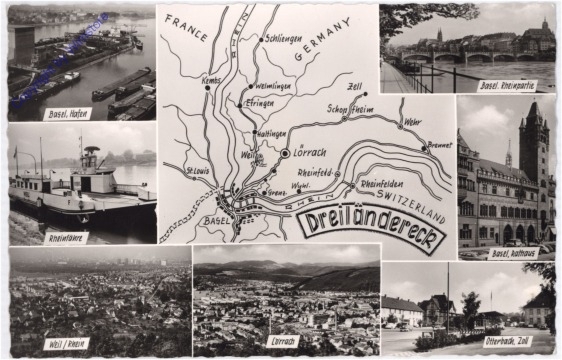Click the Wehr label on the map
(x=412, y=122)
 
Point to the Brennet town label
(x=439, y=144)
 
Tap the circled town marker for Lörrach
(x=285, y=154)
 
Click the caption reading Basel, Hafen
(x=67, y=113)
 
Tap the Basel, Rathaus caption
(x=514, y=253)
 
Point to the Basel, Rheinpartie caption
(x=507, y=86)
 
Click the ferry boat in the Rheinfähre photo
(x=70, y=190)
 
